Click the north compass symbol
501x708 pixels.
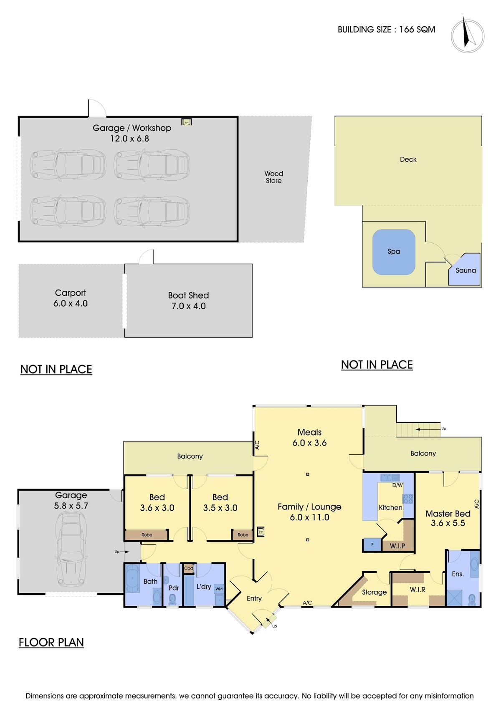point(467,35)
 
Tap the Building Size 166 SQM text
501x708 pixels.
point(386,29)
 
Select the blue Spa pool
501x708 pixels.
point(393,252)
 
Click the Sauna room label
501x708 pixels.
point(466,270)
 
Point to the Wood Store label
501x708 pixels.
point(273,177)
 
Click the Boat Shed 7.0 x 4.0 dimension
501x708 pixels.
point(189,306)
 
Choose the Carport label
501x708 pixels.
point(70,293)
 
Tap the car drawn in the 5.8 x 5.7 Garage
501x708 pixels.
point(71,549)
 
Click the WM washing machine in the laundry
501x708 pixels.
point(219,589)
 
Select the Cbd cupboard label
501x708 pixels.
point(189,568)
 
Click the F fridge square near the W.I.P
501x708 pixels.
point(372,544)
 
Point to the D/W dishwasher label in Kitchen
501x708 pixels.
point(397,485)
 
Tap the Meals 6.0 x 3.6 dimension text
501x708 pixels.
point(309,443)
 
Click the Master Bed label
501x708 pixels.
point(448,514)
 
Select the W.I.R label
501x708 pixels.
point(417,590)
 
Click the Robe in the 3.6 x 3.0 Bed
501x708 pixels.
point(147,535)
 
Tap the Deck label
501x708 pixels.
point(408,159)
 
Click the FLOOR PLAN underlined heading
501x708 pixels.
point(51,642)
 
